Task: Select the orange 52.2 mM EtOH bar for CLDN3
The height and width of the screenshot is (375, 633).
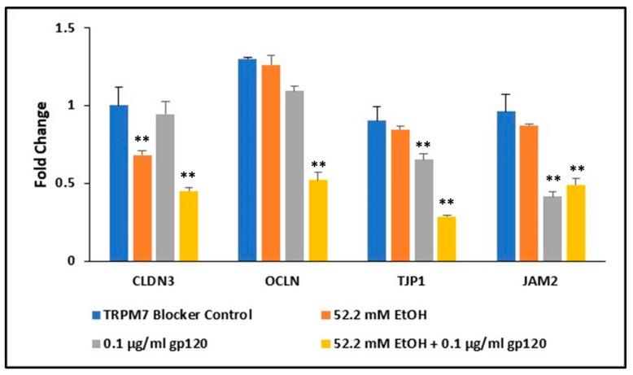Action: coord(142,207)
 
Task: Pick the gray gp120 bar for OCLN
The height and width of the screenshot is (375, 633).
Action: coord(294,175)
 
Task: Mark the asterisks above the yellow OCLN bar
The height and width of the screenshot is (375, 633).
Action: coord(318,164)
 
